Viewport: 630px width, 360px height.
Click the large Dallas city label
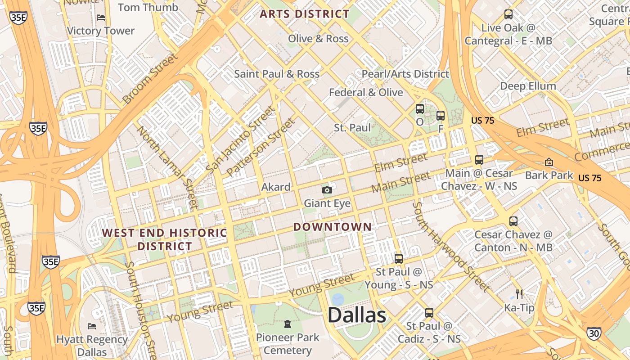(356, 315)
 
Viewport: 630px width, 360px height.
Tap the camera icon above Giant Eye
(327, 190)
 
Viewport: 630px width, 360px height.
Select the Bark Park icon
(549, 162)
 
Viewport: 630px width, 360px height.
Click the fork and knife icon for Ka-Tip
(519, 294)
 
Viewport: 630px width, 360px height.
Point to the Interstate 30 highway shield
(593, 333)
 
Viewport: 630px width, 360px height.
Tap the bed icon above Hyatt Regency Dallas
(92, 326)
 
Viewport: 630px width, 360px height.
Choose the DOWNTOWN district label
(333, 227)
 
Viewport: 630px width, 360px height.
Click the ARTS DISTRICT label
(305, 14)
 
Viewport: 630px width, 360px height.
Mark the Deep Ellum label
(528, 86)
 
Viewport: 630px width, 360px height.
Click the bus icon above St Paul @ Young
(398, 258)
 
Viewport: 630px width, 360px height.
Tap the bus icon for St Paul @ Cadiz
(429, 312)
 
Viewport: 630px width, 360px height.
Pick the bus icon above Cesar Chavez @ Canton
(513, 221)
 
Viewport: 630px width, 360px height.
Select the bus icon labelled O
(419, 109)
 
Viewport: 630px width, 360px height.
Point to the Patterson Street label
(261, 147)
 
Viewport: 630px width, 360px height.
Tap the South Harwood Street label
(450, 246)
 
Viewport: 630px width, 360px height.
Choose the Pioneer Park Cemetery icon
(287, 324)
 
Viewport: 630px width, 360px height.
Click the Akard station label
(275, 187)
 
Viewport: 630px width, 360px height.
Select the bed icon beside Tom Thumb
(101, 17)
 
